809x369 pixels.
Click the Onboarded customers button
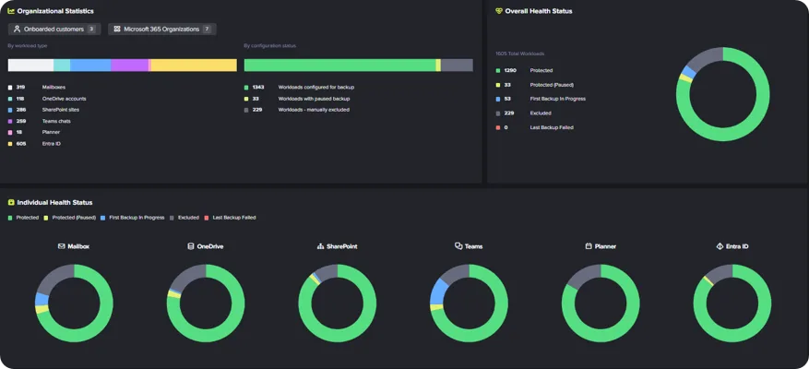pos(54,30)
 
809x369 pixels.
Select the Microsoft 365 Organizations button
pos(162,30)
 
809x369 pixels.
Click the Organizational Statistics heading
pos(56,11)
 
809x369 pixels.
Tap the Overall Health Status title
pos(538,11)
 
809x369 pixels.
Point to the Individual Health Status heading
pos(54,202)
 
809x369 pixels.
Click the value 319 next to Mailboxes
pos(20,87)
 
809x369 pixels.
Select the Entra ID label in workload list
pos(52,144)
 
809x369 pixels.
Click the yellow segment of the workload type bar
pos(194,65)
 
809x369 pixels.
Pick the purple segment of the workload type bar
pos(129,65)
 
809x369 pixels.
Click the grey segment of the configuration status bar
pos(457,65)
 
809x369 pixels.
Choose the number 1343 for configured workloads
pos(258,87)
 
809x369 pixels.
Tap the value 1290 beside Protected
pos(510,70)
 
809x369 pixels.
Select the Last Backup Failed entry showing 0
pos(551,127)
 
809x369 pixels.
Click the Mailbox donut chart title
pos(74,246)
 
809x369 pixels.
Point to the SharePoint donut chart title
pos(337,246)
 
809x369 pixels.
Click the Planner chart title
pos(601,246)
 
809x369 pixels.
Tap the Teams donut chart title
pos(469,246)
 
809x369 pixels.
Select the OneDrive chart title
pos(205,246)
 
